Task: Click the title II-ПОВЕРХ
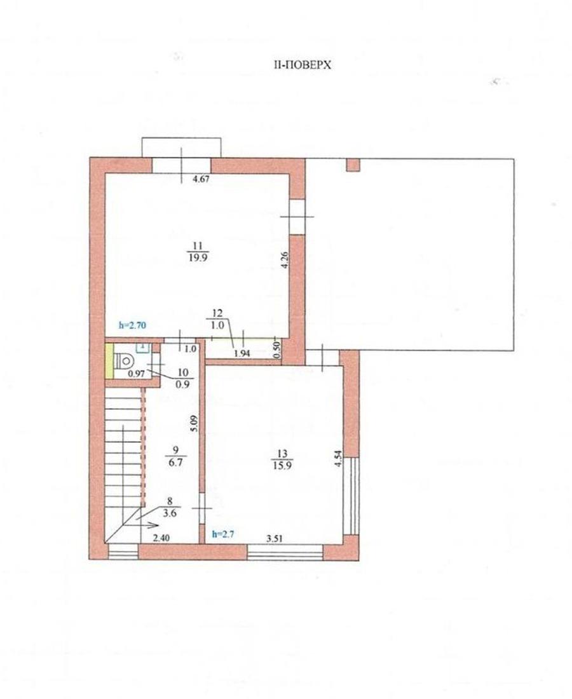[x=303, y=65]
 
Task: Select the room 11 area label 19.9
[x=198, y=257]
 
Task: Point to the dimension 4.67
[x=201, y=180]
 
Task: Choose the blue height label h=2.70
[x=132, y=325]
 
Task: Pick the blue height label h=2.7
[x=223, y=534]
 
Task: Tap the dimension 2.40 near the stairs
[x=161, y=538]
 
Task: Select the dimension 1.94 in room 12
[x=242, y=353]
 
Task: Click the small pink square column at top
[x=353, y=165]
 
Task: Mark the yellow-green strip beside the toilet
[x=109, y=361]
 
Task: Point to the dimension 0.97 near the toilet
[x=137, y=374]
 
